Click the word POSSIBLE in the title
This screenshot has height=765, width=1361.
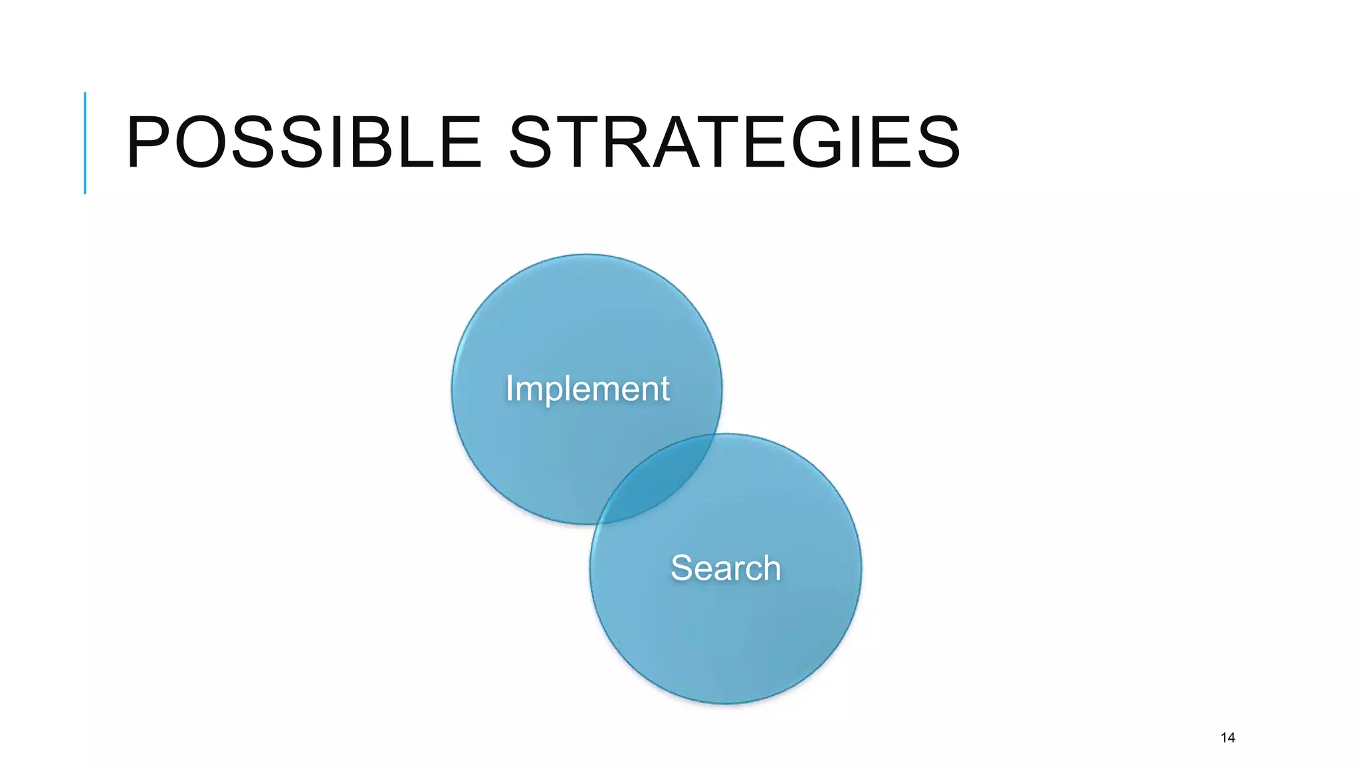coord(303,142)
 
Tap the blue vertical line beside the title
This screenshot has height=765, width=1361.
coord(85,143)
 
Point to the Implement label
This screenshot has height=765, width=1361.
coord(587,388)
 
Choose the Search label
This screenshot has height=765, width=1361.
coord(726,568)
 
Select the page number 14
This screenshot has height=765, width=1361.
coord(1227,738)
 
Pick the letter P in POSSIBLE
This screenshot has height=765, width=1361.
coord(149,142)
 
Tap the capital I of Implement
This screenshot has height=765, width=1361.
coord(510,388)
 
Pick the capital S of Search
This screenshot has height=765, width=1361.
coord(682,568)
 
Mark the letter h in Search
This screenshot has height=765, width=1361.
coord(771,568)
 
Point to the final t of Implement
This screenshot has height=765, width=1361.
coord(665,389)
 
